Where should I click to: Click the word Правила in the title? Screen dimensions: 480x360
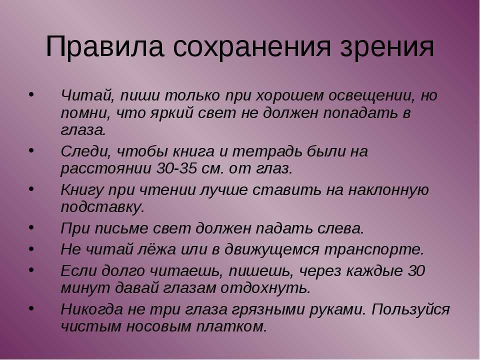[x=104, y=47]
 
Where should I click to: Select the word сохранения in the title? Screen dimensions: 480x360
[x=251, y=47]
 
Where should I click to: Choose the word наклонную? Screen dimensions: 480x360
[x=388, y=190]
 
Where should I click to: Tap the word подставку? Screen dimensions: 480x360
[x=102, y=207]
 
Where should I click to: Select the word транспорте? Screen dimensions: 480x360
[x=374, y=249]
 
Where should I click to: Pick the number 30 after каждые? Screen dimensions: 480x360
[x=416, y=270]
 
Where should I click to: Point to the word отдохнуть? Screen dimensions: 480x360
[x=265, y=288]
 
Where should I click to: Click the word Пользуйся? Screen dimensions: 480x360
[x=410, y=309]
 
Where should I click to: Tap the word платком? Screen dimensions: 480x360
[x=231, y=326]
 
